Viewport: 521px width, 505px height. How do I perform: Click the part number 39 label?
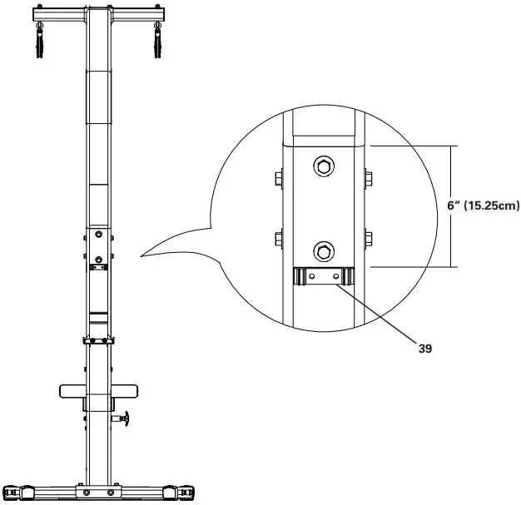pyautogui.click(x=425, y=350)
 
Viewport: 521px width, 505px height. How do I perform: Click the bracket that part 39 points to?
pyautogui.click(x=321, y=275)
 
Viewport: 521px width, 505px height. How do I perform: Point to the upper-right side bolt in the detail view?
pyautogui.click(x=367, y=176)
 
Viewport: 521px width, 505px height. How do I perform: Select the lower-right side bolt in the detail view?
pyautogui.click(x=367, y=240)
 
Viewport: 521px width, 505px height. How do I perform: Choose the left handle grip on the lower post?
pyautogui.click(x=71, y=390)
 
